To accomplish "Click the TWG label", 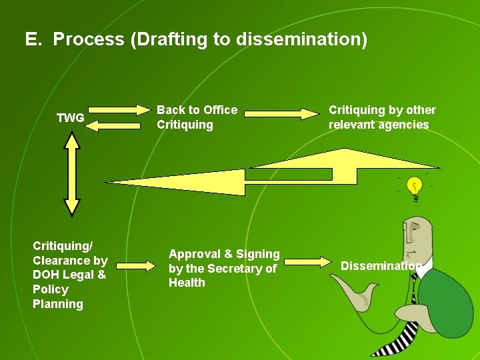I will tap(70, 118).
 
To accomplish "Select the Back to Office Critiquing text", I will tap(197, 117).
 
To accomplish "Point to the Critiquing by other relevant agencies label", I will tap(381, 117).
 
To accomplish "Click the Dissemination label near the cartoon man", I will tap(381, 266).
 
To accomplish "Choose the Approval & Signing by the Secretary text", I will tap(224, 268).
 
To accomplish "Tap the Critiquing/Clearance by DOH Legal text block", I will tap(70, 275).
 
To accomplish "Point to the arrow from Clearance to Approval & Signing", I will tap(137, 266).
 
